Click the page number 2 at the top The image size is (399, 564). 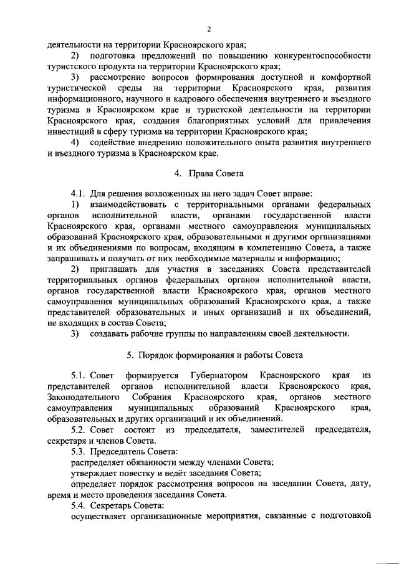(210, 29)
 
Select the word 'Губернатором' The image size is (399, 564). (214, 375)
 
